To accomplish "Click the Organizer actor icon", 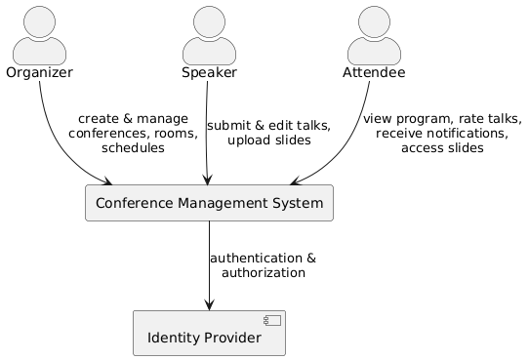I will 39,34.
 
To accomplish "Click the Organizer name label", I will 39,73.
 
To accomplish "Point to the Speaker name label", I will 209,73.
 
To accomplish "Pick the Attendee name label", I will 374,73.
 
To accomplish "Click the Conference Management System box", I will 209,203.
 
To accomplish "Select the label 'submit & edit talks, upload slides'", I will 268,133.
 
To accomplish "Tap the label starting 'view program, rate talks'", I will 442,134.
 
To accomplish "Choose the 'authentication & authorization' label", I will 263,265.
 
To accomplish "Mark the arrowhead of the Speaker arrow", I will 207,179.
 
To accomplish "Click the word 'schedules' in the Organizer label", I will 133,148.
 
